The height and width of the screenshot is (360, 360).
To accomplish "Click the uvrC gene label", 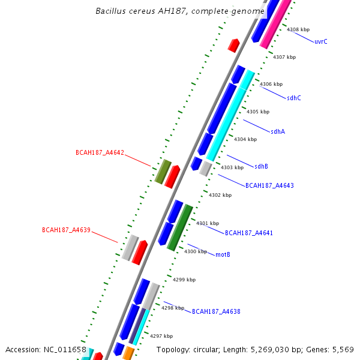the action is point(321,42).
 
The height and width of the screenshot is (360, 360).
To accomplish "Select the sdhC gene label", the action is point(294,98).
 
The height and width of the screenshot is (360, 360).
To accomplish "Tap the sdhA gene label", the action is point(278,131).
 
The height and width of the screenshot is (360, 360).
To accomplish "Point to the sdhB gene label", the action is point(261,166).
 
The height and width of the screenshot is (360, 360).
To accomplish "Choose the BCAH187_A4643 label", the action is point(269,186).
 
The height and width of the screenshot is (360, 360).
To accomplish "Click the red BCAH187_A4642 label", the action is point(100,153).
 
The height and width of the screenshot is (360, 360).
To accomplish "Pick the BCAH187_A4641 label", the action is point(249,232).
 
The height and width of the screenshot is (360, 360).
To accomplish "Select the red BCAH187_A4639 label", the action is point(66,230).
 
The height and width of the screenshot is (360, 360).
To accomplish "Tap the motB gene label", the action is point(223,254).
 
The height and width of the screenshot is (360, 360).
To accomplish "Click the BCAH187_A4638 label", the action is point(216,311).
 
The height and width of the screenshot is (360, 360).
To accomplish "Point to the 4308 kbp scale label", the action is point(298,29).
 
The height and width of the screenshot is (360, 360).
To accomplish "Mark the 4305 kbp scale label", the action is point(258,112).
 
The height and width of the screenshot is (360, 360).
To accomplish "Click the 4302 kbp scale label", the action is point(220,195).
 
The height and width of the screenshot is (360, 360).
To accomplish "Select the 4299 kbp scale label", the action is point(184,280).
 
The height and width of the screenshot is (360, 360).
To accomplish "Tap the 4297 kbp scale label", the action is point(161,336).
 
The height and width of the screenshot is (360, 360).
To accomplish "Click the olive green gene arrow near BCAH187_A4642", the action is point(163,172).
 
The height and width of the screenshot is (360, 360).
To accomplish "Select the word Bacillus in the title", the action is point(112,11).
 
